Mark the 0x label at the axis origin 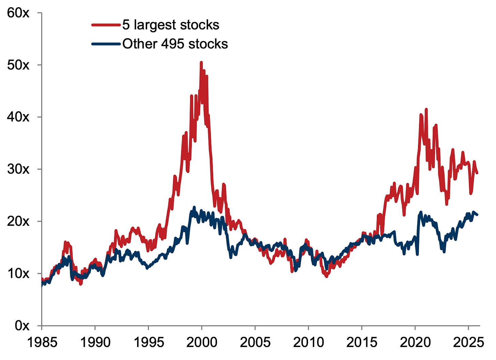[22, 326]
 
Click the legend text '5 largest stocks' [171, 25]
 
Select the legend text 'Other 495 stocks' [175, 44]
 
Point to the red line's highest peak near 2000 [201, 62]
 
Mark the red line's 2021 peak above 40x [426, 109]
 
